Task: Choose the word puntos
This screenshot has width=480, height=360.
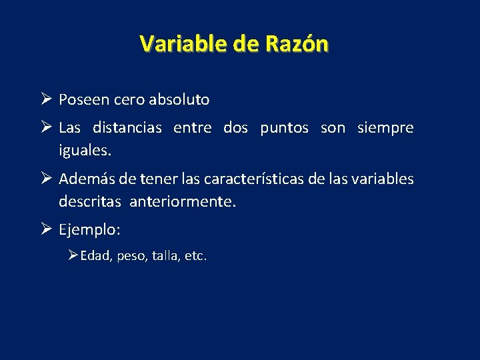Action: [x=284, y=127]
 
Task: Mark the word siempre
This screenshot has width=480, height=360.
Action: [x=385, y=127]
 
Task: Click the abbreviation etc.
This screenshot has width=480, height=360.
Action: [x=197, y=255]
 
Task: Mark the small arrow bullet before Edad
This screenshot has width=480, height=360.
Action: [x=73, y=255]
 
